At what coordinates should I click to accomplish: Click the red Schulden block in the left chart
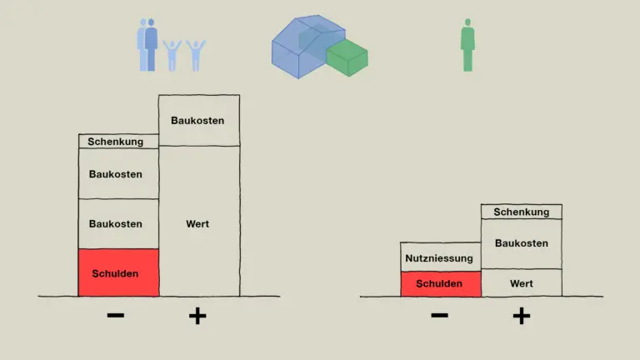118,272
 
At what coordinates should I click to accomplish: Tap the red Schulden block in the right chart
441,283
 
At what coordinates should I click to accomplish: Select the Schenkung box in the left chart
118,141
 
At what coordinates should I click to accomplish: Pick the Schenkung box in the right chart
521,212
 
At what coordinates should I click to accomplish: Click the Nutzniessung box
441,257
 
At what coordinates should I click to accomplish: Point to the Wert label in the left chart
197,223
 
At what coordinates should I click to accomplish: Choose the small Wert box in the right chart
521,282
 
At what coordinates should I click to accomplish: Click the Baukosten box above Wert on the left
199,120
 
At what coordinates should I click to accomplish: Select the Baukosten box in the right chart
521,243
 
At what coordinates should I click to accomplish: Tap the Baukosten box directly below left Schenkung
118,174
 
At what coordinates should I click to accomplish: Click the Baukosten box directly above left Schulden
118,224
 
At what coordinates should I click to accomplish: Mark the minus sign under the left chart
116,315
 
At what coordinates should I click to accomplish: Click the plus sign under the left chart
197,316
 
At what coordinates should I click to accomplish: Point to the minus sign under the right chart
440,315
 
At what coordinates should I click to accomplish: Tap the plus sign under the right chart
522,316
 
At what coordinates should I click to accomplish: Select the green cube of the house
347,58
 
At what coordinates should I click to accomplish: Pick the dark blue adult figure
151,46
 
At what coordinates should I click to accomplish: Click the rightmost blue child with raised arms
196,56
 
